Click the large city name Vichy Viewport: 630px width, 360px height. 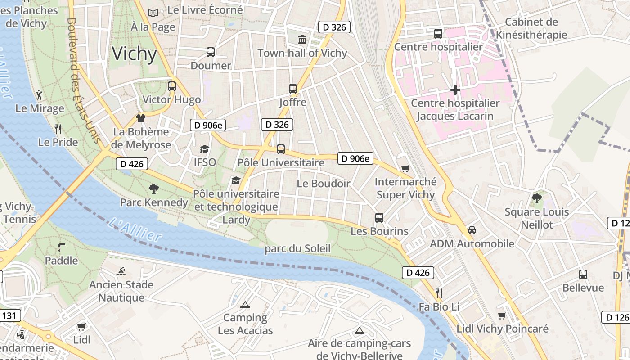134,54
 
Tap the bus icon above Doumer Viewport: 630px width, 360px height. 211,52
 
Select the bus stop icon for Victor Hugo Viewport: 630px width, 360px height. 172,86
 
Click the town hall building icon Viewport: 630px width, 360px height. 302,40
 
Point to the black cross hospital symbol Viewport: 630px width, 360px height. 455,90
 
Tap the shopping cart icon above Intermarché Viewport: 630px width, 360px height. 405,169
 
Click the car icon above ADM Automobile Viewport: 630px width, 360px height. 472,230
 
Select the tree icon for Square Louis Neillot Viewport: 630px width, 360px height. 536,198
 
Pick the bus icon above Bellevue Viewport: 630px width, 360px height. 583,274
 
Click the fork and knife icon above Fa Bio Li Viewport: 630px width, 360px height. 439,293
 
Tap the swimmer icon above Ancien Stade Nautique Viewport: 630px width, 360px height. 121,271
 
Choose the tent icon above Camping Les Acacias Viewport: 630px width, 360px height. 245,305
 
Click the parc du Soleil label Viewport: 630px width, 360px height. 297,248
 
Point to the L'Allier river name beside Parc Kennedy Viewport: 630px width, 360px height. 135,229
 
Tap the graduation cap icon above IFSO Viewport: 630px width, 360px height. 205,149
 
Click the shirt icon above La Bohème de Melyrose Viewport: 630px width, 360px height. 141,118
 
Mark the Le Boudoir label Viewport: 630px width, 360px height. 324,184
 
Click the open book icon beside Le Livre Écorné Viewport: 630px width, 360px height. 153,13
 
